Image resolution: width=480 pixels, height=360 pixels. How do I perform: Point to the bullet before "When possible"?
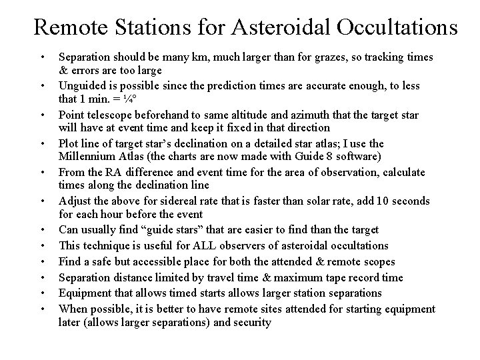pos(42,309)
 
